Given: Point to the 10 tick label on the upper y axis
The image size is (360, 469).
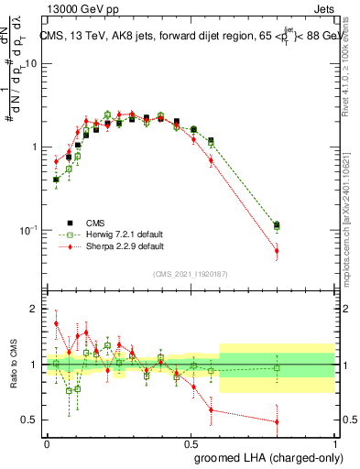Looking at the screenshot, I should [x=31, y=63].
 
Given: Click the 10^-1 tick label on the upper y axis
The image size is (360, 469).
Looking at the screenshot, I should [x=27, y=230].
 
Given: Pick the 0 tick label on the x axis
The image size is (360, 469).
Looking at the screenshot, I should [x=47, y=442].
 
